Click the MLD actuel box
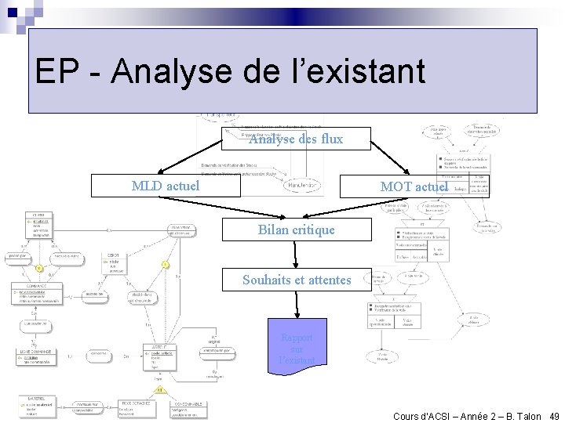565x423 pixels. pyautogui.click(x=165, y=186)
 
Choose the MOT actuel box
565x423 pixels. pyautogui.click(x=414, y=186)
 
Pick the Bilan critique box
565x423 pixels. pyautogui.click(x=296, y=230)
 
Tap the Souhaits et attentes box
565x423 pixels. pyautogui.click(x=296, y=280)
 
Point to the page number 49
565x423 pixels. pyautogui.click(x=554, y=416)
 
